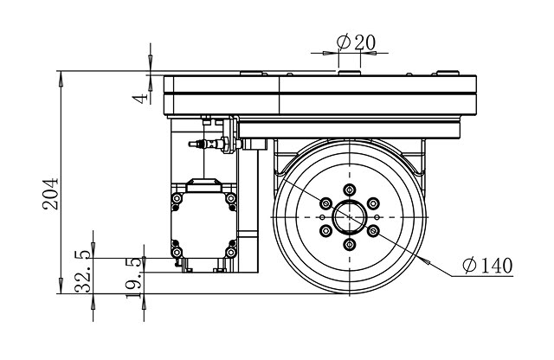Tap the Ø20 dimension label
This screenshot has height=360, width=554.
352,41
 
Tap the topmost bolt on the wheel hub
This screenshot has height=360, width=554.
349,189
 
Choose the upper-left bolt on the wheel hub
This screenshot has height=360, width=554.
325,202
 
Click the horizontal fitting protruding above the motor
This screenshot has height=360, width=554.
206,142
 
